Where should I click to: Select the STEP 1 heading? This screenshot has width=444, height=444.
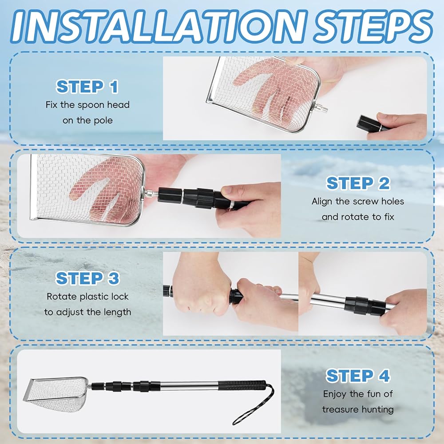coord(87,87)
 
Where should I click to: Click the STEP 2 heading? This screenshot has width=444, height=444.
coord(358,183)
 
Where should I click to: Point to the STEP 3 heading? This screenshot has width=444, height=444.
coord(87,278)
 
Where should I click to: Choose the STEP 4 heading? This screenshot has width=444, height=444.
coord(358,376)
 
